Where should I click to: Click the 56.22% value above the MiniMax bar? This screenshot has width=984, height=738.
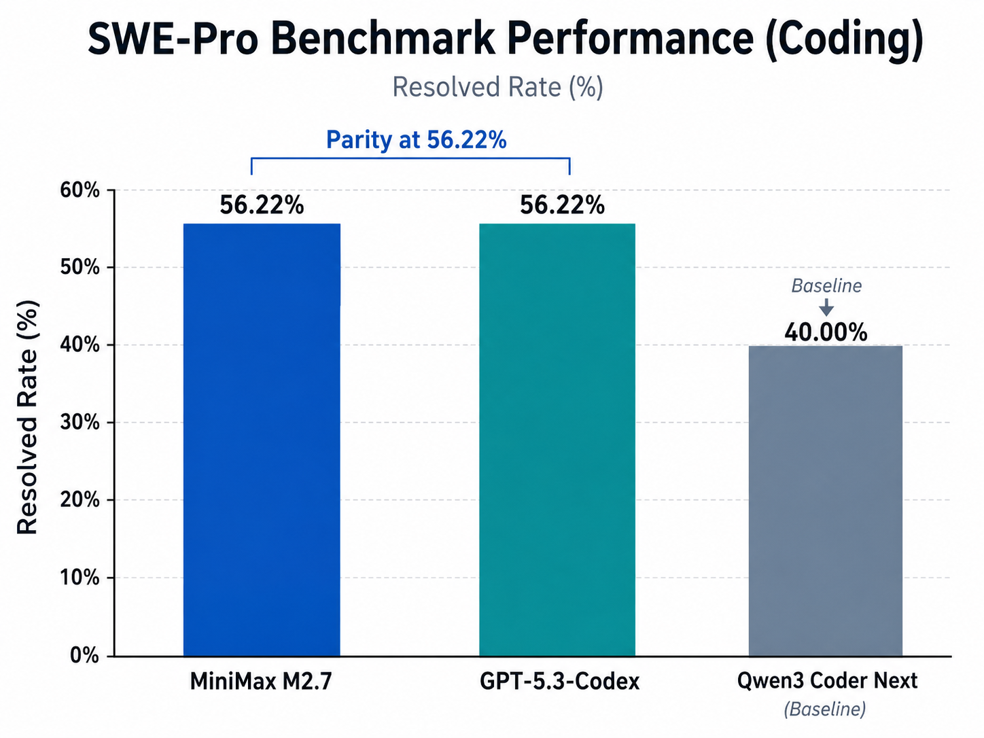(x=262, y=205)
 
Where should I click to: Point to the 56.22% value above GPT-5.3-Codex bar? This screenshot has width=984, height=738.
(x=562, y=205)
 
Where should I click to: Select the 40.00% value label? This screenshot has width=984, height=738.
(x=826, y=332)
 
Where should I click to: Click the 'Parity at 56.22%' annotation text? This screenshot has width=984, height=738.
(x=416, y=140)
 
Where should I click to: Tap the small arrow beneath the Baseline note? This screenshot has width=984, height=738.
(x=826, y=307)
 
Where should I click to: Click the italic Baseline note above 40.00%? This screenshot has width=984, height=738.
(x=826, y=285)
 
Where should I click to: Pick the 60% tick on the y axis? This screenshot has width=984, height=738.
(x=80, y=190)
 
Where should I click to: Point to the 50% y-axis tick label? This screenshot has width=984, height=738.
(x=80, y=267)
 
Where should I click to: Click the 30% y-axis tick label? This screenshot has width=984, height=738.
(x=80, y=423)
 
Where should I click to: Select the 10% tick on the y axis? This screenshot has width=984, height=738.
(x=80, y=578)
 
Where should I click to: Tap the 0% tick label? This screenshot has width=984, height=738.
(x=84, y=656)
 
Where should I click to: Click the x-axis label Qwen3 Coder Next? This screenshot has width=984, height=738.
(x=827, y=681)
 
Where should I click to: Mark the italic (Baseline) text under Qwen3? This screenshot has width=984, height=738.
(x=825, y=709)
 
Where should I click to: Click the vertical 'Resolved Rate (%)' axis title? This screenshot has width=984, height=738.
(x=27, y=417)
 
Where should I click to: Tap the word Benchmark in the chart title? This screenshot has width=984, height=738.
(x=383, y=39)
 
